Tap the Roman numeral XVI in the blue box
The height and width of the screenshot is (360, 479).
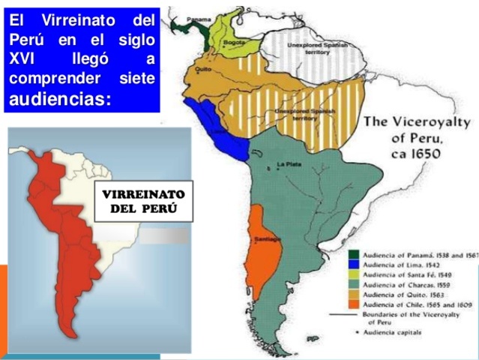[x=21, y=59]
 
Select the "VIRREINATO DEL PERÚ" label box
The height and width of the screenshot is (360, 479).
[x=143, y=201]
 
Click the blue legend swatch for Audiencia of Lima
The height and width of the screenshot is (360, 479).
[x=353, y=263]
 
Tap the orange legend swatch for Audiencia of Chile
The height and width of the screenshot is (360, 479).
[x=353, y=305]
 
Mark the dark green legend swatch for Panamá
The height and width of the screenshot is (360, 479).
[x=353, y=253]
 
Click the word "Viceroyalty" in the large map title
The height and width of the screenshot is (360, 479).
[x=430, y=123]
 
